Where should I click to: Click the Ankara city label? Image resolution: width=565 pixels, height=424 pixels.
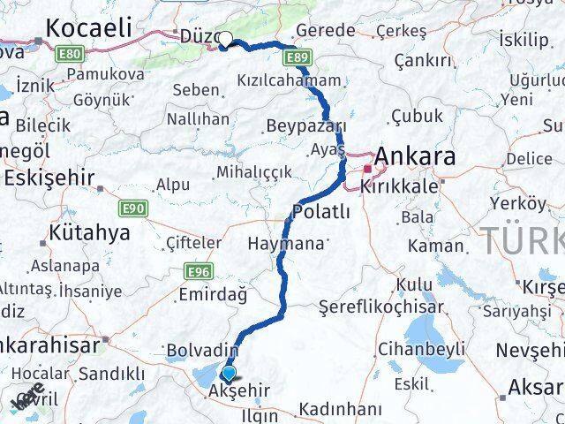416,157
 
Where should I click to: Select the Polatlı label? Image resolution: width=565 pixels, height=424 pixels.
321,211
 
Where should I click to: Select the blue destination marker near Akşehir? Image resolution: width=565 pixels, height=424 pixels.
230,374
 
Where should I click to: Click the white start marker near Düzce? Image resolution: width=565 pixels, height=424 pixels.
225,39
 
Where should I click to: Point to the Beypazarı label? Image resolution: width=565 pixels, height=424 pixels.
303,123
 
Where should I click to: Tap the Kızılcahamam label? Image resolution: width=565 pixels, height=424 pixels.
289,80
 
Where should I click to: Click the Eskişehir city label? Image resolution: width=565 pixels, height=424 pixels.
49,177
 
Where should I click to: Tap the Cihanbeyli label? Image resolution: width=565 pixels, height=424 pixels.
422,349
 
